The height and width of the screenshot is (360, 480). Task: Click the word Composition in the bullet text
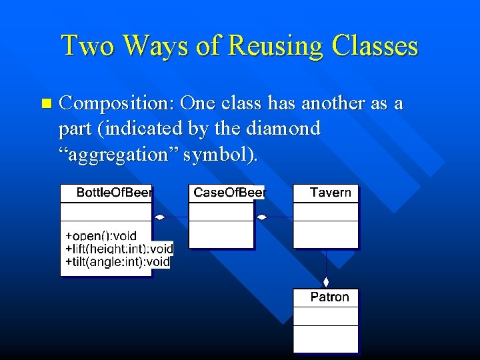[x=116, y=104]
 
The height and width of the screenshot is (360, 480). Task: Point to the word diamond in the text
[x=286, y=128]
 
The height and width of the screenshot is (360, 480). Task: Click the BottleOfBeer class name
[x=114, y=193]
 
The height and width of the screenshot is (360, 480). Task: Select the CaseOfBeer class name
[x=229, y=193]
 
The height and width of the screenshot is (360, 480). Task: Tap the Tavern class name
[x=330, y=193]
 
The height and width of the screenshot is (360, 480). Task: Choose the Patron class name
[x=329, y=297]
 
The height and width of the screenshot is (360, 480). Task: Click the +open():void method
[x=101, y=235]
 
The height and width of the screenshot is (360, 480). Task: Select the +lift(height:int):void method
[x=119, y=249]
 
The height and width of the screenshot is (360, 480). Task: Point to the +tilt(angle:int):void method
[x=117, y=262]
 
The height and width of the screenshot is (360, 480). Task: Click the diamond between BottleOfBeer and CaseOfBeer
[x=160, y=217]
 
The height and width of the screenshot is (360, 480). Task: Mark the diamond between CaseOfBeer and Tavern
[x=262, y=217]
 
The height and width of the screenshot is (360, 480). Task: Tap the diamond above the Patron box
[x=326, y=282]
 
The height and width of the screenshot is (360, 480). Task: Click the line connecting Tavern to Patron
[x=326, y=263]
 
